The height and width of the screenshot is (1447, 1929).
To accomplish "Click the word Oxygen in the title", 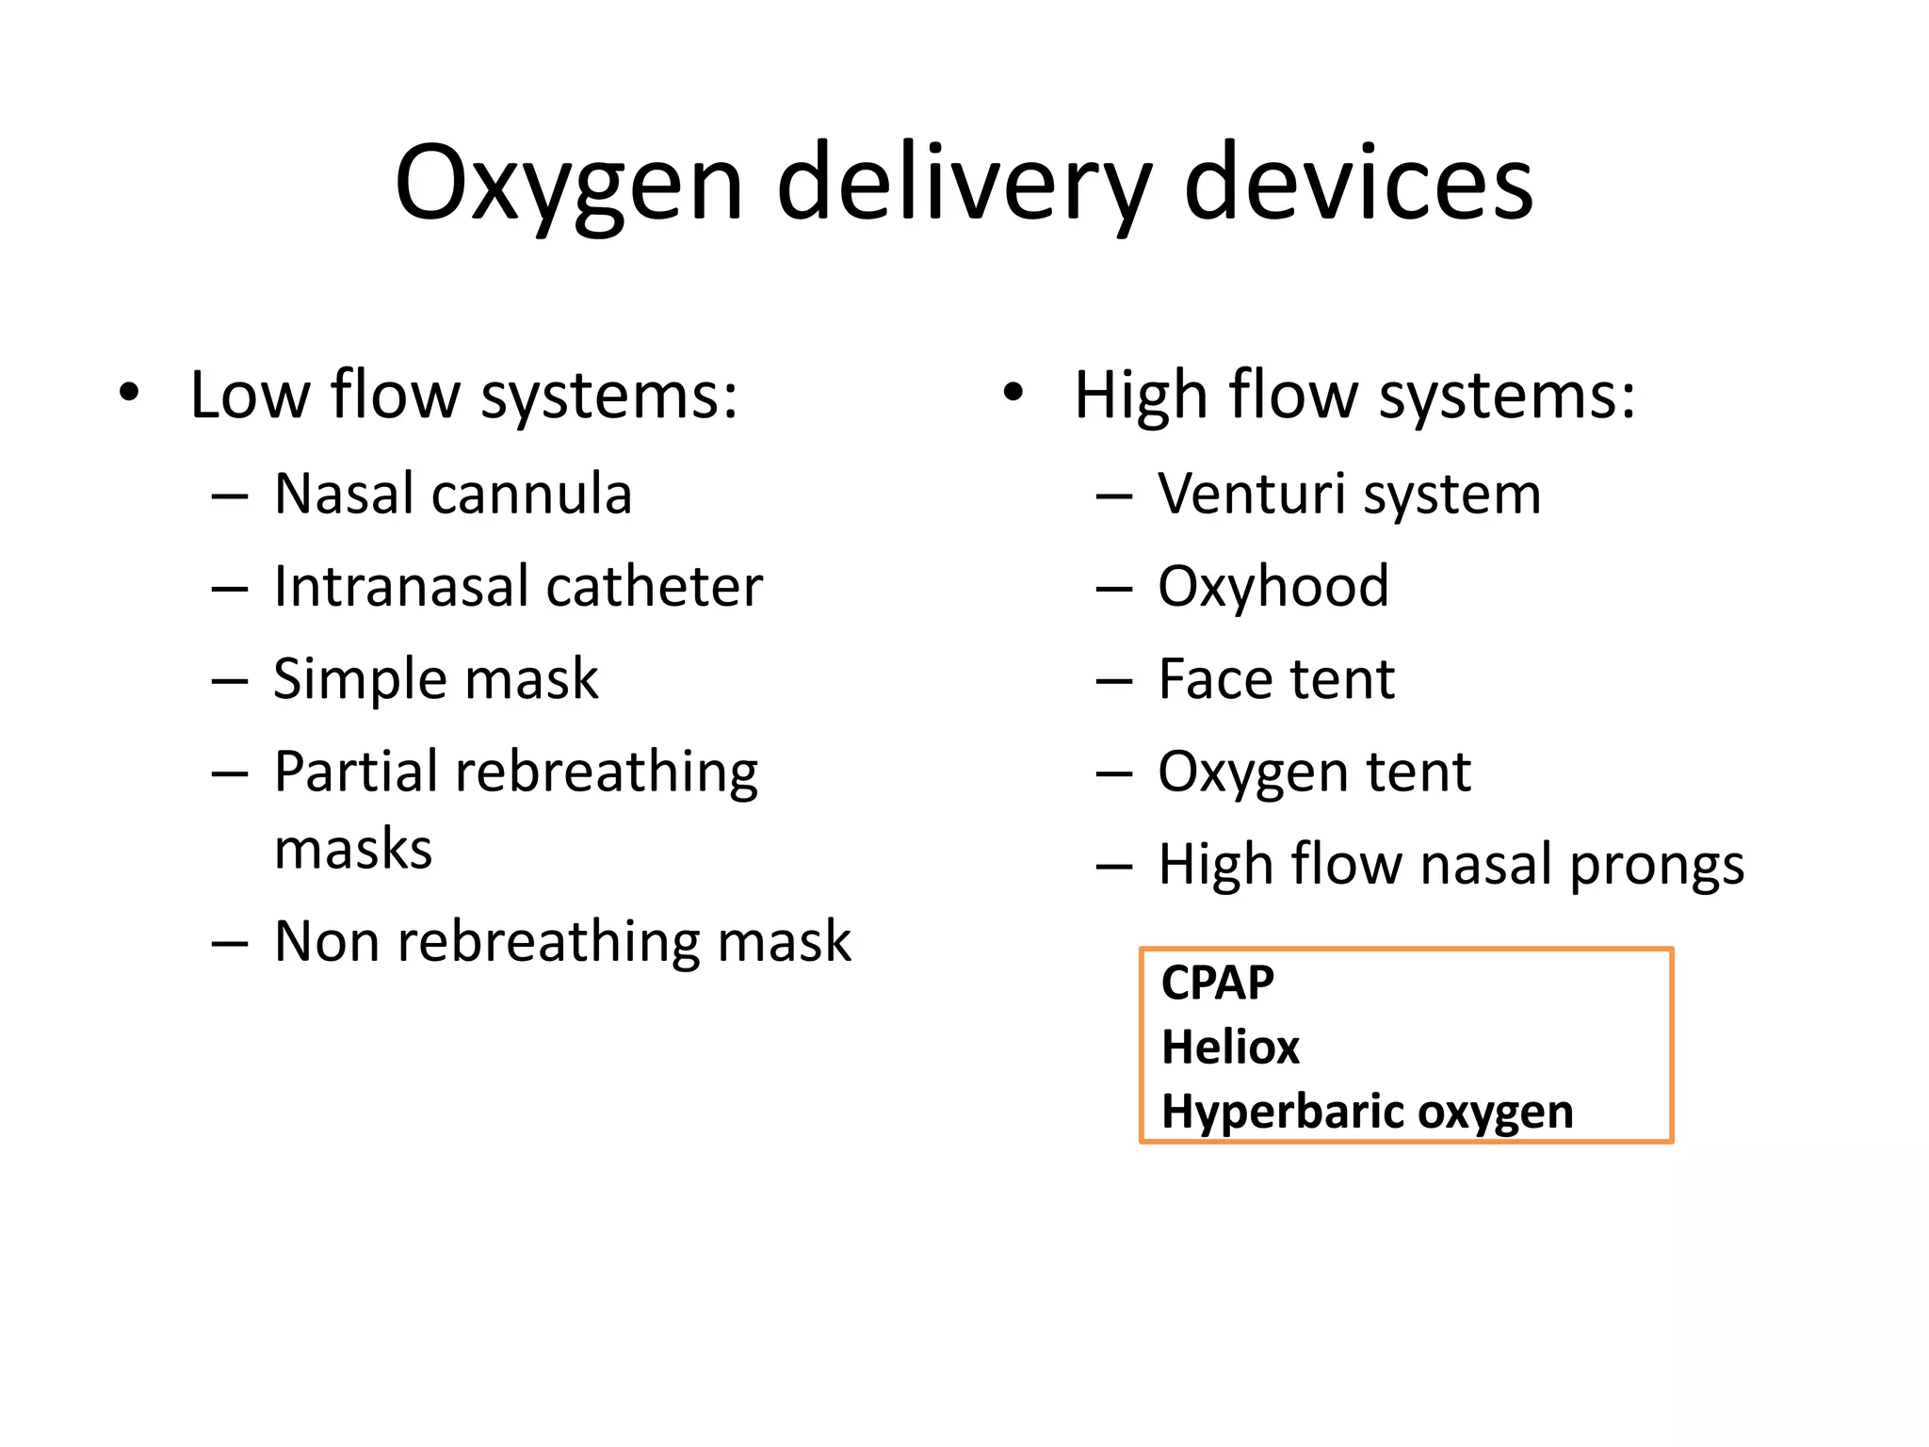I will coord(569,184).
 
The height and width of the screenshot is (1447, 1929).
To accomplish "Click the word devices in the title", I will coord(1357,184).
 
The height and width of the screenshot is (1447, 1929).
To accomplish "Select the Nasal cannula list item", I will coord(452,494).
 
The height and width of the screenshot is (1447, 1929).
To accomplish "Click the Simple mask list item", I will coord(435,678).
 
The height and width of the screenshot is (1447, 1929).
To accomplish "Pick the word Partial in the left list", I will coord(357,772).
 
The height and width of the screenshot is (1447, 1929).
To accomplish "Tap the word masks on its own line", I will coord(353,849).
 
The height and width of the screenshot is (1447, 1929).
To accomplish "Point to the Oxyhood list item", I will coord(1272,586).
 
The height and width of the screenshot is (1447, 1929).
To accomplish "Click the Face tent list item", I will coord(1276,678).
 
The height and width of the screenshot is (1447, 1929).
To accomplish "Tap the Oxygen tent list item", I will coord(1314,772).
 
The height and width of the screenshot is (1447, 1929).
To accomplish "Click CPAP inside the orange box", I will coord(1217,983).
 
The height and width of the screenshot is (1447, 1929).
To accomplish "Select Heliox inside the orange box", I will coord(1230,1047).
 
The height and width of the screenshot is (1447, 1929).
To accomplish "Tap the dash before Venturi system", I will coord(1113,496).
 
